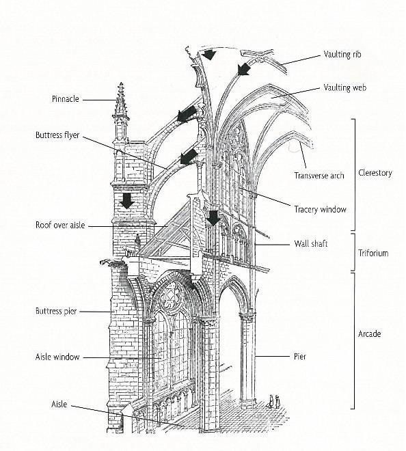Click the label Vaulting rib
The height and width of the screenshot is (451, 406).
(342, 54)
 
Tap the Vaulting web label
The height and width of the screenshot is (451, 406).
(344, 87)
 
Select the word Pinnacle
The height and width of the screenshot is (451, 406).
(66, 99)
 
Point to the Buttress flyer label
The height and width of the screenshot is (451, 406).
(57, 135)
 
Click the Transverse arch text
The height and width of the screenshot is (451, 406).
(319, 176)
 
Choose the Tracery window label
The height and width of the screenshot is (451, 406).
(320, 209)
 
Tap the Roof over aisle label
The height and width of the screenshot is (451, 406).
(60, 225)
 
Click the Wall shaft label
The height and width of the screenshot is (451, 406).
(311, 244)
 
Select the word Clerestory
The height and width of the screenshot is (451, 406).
(375, 173)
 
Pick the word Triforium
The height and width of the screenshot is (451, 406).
(373, 253)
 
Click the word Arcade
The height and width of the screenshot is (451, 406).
(370, 334)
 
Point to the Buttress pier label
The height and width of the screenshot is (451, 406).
(56, 311)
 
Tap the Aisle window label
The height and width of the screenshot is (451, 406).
(57, 357)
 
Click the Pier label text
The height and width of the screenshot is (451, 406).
(300, 357)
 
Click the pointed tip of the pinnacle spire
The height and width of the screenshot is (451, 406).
(121, 83)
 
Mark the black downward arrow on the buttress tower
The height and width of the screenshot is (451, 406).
(127, 201)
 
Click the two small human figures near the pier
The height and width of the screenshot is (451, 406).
(274, 402)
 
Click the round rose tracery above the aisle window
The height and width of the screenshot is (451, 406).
(172, 295)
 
